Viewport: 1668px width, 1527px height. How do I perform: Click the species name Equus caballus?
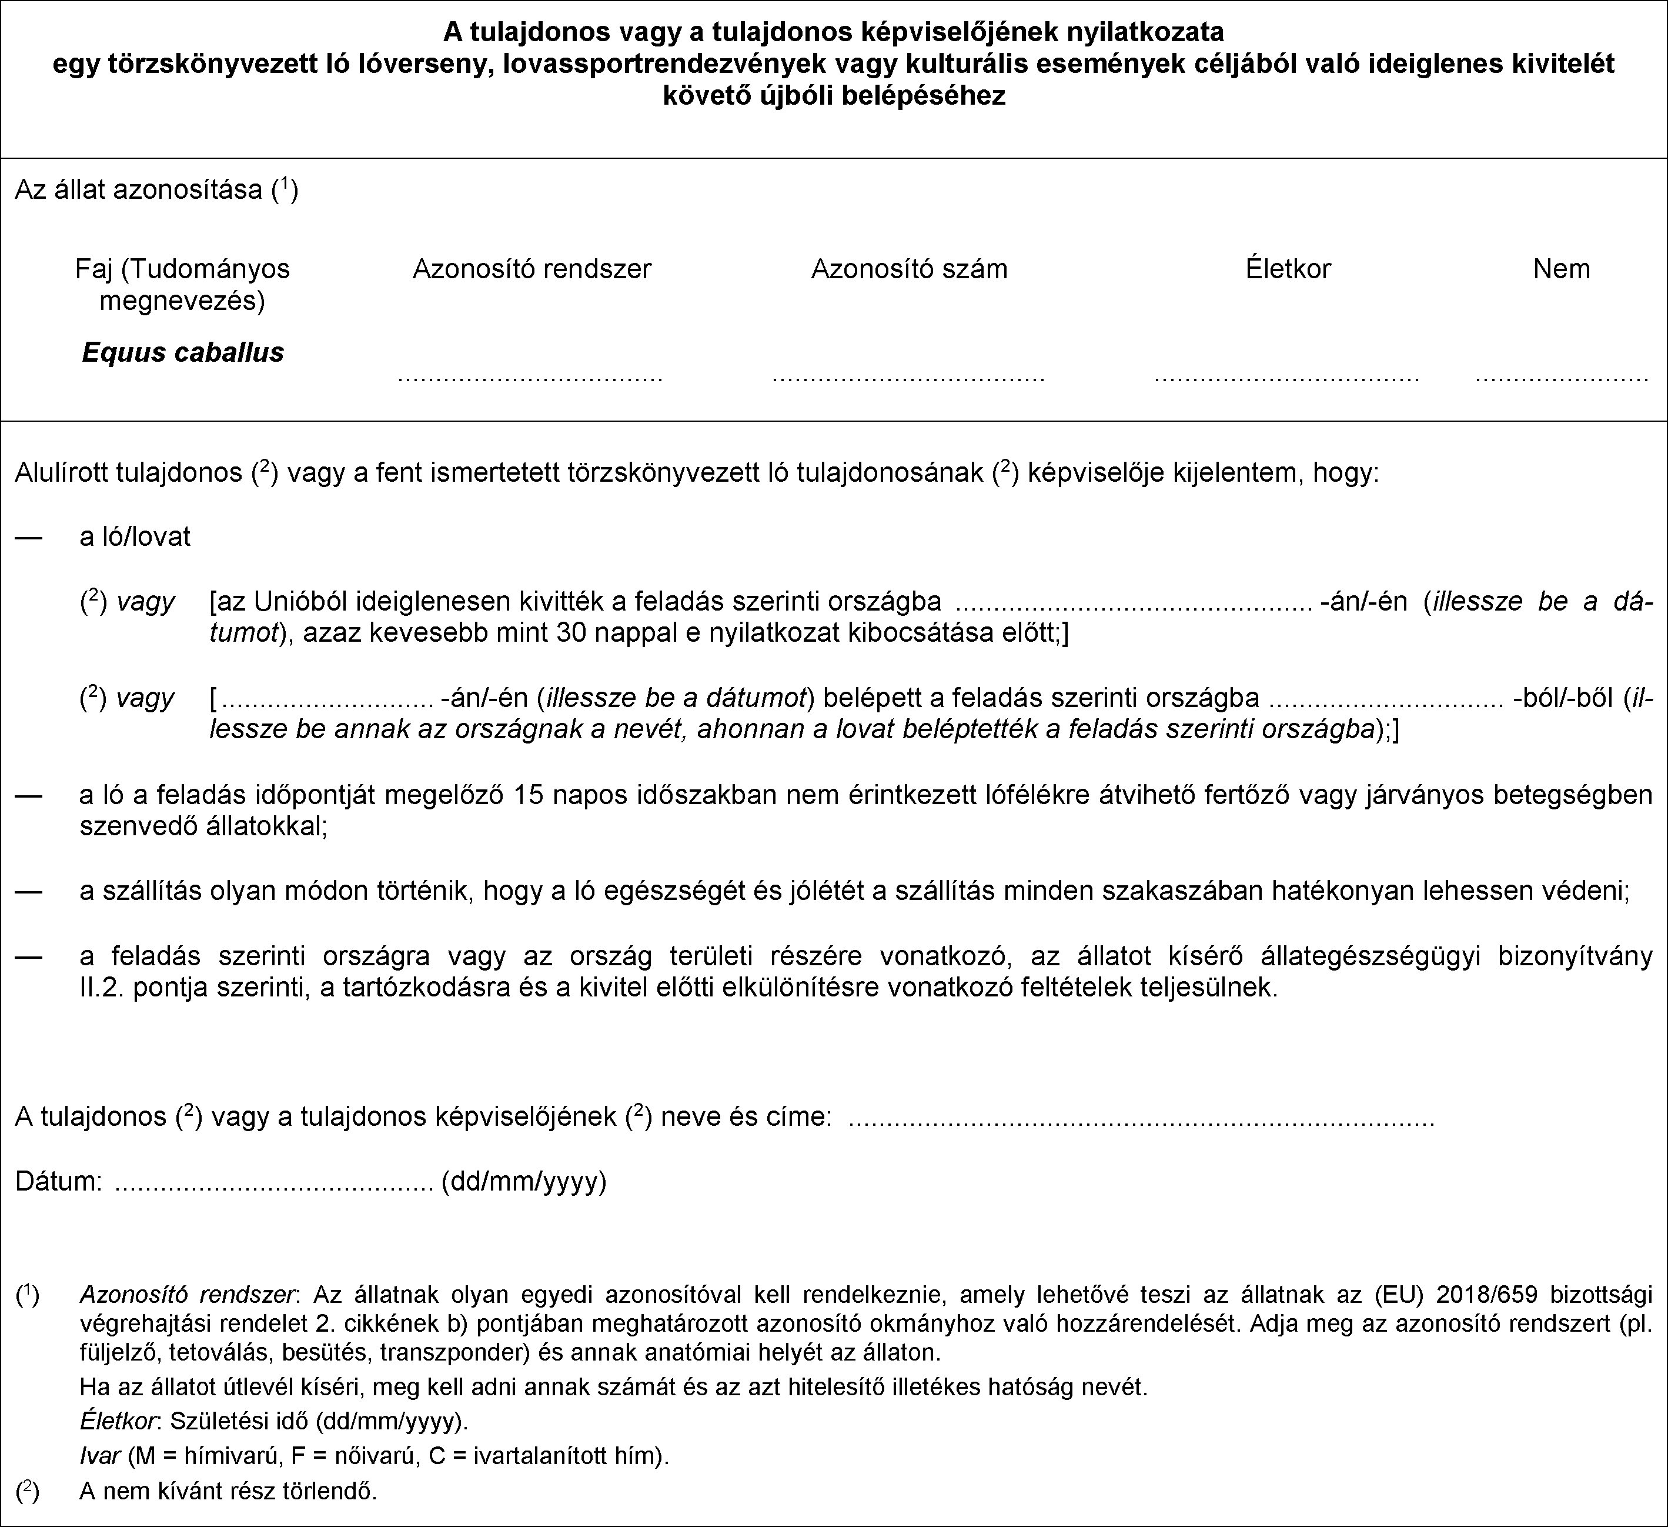[x=183, y=352]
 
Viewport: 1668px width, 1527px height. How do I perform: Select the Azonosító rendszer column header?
[x=532, y=269]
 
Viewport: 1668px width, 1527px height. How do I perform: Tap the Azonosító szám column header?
[x=910, y=269]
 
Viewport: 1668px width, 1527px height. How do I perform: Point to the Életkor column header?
[x=1288, y=269]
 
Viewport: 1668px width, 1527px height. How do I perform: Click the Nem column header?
[x=1561, y=269]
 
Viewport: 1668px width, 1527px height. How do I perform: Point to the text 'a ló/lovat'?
[x=135, y=537]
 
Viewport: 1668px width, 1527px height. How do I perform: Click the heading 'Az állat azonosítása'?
[x=143, y=191]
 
